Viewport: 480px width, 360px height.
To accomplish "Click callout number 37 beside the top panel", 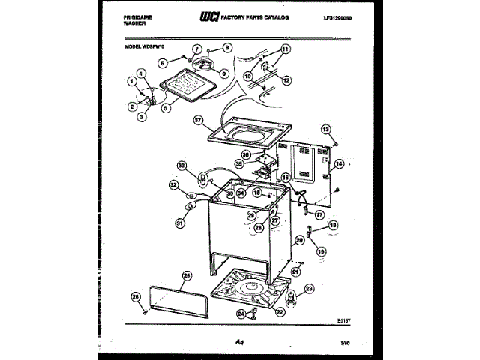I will (198, 120).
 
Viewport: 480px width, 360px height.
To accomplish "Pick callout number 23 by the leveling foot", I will (310, 289).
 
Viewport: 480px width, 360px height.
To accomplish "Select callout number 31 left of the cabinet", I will (179, 222).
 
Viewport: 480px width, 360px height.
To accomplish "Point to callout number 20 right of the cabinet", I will (299, 240).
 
